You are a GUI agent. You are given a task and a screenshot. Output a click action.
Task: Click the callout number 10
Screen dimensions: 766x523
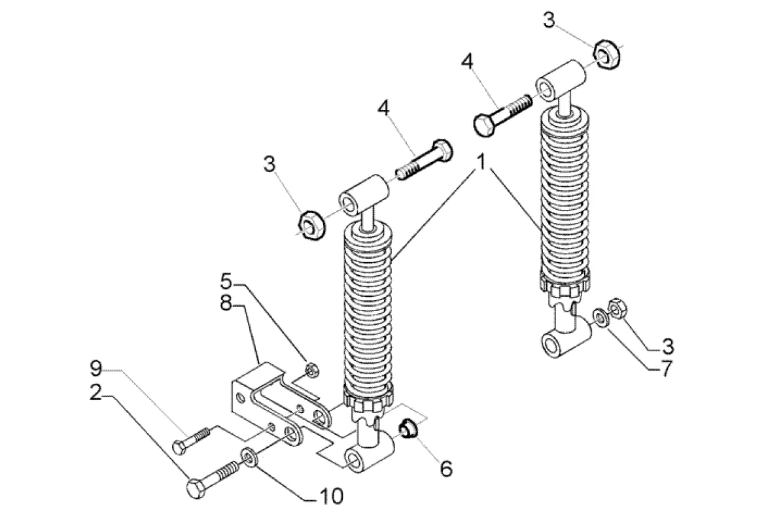[331, 497]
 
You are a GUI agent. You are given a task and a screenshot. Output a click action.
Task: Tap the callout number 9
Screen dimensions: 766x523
[96, 369]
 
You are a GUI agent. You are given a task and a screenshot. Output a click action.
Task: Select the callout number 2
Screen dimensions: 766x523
[96, 393]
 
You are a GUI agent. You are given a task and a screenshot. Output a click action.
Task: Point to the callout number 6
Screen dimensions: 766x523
[446, 469]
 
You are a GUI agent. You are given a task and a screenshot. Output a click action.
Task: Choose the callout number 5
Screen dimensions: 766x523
[226, 282]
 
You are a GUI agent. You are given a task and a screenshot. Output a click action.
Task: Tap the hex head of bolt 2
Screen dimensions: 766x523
[196, 489]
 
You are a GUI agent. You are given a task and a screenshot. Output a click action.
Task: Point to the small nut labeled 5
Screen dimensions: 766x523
[311, 370]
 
